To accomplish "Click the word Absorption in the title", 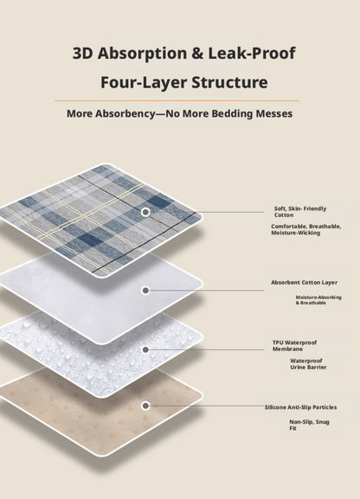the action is pos(142,54).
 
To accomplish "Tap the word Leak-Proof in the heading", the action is pos(252,53).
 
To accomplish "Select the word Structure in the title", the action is pos(229,82).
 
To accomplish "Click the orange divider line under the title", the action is pos(177,100).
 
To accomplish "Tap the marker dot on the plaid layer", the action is pos(145,212).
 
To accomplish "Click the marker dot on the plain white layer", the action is pos(145,291).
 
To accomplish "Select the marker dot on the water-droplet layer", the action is pos(145,349).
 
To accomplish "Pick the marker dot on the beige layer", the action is pos(145,406).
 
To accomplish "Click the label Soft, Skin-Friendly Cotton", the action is pos(300,212).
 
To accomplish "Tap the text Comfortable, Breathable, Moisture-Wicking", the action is pos(305,229).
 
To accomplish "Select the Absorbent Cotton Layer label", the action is pos(304,282).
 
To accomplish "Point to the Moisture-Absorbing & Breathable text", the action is pos(318,300).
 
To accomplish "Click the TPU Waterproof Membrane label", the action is pos(294,346).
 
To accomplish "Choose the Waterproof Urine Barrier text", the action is pos(308,364).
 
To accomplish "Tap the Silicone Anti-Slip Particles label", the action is pos(301,407).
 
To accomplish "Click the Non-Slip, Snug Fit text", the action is pos(309,425).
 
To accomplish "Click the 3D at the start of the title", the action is pos(82,53).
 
